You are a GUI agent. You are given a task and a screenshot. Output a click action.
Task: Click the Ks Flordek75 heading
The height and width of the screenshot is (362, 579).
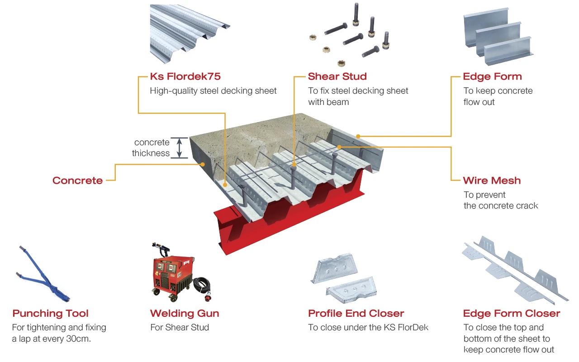[x=185, y=76]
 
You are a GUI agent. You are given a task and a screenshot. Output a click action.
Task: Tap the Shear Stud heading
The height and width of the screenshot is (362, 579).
[x=337, y=76]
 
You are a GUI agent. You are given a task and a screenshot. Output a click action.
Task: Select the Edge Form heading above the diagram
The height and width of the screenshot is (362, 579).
[x=493, y=77]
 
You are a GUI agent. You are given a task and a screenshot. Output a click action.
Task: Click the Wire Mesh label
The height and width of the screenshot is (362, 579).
[x=492, y=181]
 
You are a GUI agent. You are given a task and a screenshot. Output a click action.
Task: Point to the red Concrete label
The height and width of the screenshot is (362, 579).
[x=77, y=181]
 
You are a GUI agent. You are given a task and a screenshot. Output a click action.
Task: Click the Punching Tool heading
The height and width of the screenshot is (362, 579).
[x=50, y=314]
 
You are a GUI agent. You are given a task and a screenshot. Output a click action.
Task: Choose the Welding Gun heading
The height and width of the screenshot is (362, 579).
[x=185, y=314]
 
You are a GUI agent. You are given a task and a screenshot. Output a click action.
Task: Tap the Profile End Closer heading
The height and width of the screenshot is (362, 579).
[x=356, y=314]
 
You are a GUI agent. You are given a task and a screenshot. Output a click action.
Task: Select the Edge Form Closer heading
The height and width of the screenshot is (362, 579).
[x=512, y=314]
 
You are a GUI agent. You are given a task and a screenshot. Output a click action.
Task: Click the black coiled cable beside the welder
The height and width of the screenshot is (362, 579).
[x=202, y=287]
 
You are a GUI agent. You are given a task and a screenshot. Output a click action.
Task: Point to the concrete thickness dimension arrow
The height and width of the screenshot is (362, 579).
[x=180, y=148]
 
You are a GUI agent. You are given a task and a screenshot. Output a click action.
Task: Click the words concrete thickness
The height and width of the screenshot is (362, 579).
[x=151, y=148]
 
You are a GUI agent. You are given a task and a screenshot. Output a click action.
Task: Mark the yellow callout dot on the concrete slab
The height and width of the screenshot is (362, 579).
[x=203, y=164]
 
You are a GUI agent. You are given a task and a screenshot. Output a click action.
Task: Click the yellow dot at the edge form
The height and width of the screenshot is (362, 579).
[x=358, y=136]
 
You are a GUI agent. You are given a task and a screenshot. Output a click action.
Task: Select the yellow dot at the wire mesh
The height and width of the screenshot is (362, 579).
[x=339, y=147]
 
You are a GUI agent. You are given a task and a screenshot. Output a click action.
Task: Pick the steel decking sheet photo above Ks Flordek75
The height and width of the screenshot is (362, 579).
[x=190, y=33]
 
